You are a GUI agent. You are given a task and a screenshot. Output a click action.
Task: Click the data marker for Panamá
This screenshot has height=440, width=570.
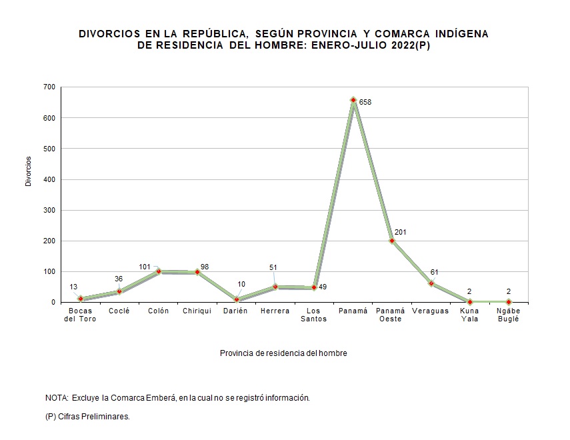click(353, 100)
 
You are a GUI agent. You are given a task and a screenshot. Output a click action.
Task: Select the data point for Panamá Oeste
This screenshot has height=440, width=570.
click(392, 241)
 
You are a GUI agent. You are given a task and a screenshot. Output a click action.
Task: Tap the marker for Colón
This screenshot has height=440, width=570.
click(159, 271)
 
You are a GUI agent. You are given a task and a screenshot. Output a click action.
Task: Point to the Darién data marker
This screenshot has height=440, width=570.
click(237, 299)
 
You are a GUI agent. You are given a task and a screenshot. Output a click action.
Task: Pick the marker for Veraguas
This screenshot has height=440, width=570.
click(431, 283)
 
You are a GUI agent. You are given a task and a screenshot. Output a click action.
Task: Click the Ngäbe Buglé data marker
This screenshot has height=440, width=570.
click(509, 302)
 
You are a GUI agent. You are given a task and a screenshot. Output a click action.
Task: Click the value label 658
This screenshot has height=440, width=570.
click(365, 103)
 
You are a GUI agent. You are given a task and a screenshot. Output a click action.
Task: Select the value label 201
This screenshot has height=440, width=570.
click(400, 232)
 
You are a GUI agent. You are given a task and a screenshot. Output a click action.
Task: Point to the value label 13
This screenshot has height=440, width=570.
click(74, 287)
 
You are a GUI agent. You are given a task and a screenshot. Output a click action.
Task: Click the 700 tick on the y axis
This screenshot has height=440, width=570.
click(49, 87)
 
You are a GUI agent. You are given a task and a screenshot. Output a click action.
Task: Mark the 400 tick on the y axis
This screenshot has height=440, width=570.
click(49, 179)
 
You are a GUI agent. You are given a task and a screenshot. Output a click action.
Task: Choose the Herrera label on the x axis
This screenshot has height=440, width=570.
click(275, 311)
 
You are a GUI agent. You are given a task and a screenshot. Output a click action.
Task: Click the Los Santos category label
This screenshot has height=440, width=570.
click(314, 315)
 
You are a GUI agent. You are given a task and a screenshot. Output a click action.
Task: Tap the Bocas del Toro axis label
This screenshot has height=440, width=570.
click(81, 315)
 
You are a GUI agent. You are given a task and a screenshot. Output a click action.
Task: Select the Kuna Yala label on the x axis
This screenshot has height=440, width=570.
click(470, 315)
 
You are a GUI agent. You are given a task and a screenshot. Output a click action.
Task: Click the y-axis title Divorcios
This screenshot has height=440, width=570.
click(29, 171)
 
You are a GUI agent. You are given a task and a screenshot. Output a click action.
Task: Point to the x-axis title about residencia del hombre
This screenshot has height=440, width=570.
click(283, 353)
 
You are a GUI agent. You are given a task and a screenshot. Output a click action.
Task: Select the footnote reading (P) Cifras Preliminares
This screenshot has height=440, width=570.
click(87, 416)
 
